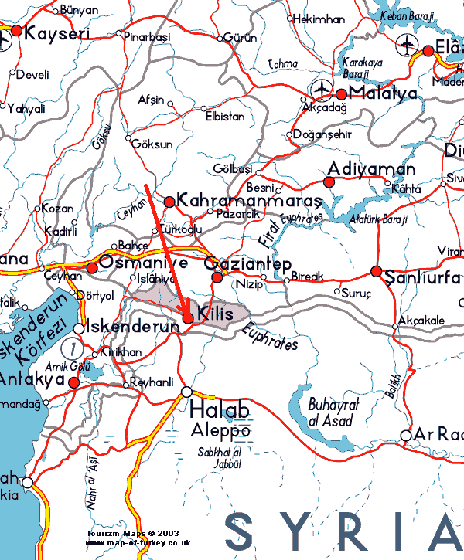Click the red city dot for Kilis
coord(188,318)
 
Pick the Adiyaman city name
coord(371,168)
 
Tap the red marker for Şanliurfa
coord(376,271)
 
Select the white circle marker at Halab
coord(186,392)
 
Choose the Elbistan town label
coord(225,117)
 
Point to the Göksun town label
coord(152,144)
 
